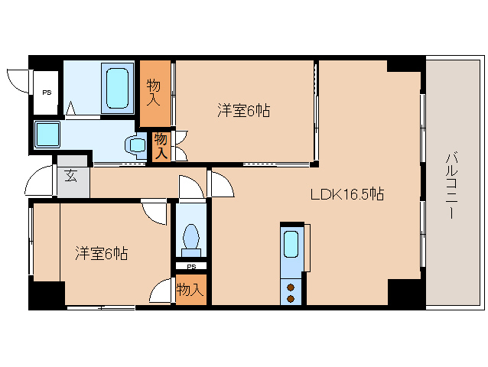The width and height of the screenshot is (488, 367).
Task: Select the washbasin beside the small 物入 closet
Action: tap(138, 144)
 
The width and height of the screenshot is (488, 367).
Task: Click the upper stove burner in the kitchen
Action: tap(291, 287)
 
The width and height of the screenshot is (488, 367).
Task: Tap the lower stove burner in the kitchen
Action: tap(291, 298)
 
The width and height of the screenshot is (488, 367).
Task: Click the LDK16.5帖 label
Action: tap(346, 195)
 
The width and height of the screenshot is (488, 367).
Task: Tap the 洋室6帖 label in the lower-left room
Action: tap(101, 253)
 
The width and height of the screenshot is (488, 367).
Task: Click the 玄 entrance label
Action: tap(70, 176)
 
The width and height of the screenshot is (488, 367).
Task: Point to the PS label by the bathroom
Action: tap(47, 93)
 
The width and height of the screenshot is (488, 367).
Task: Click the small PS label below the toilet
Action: tap(190, 267)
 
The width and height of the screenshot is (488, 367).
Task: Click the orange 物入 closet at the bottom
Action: tap(190, 290)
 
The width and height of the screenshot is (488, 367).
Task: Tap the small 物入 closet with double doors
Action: tap(161, 145)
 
